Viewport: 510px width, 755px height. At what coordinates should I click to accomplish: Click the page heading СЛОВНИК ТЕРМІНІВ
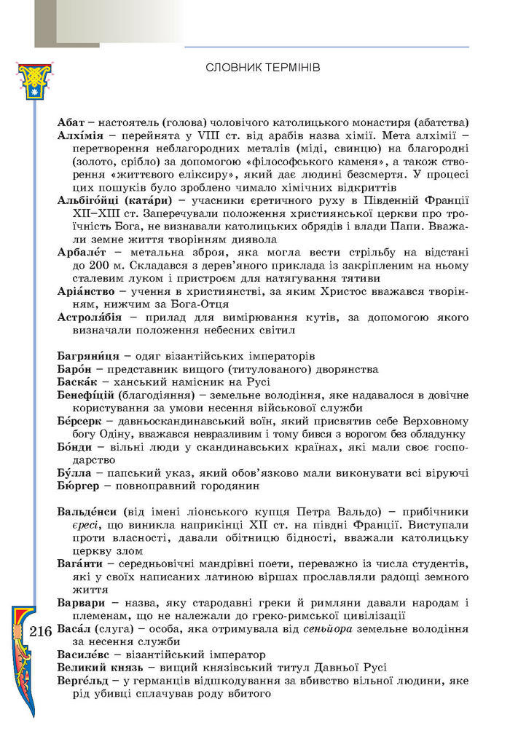pyautogui.click(x=263, y=67)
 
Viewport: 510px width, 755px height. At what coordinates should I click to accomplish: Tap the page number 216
pyautogui.click(x=42, y=632)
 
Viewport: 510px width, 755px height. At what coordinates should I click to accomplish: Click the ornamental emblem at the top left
pyautogui.click(x=31, y=80)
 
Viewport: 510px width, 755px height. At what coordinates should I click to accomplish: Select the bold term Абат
pyautogui.click(x=70, y=122)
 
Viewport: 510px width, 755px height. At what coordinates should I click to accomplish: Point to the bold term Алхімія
pyautogui.click(x=79, y=135)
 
